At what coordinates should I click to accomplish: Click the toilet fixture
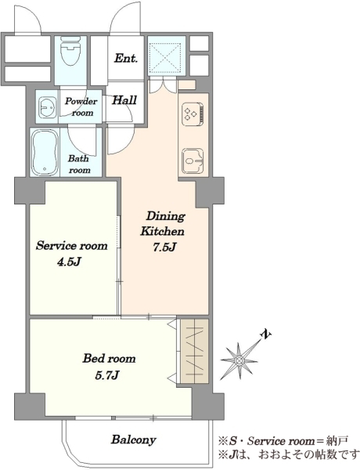[x=70, y=50]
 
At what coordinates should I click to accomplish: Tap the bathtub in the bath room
[x=45, y=153]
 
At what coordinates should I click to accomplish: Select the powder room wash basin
[x=47, y=107]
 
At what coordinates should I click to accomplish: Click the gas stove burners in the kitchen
[x=193, y=114]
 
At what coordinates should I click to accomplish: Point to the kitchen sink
[x=193, y=161]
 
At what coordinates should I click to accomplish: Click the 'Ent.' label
[x=126, y=58]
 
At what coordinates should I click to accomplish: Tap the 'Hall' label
[x=124, y=99]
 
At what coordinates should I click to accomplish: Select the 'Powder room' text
[x=81, y=107]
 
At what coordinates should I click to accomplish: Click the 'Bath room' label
[x=79, y=164]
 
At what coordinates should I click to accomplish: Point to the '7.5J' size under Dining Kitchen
[x=164, y=248]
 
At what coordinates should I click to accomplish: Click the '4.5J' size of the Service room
[x=69, y=262]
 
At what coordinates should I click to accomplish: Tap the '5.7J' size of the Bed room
[x=107, y=375]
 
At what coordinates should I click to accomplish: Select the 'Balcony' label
[x=134, y=439]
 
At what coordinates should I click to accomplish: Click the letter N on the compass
[x=265, y=334]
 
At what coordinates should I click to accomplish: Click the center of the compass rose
[x=239, y=360]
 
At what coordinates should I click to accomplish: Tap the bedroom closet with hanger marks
[x=194, y=351]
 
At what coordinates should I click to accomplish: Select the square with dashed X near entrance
[x=165, y=57]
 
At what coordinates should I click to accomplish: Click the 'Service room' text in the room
[x=71, y=246]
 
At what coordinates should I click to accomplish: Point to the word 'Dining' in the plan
[x=166, y=216]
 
